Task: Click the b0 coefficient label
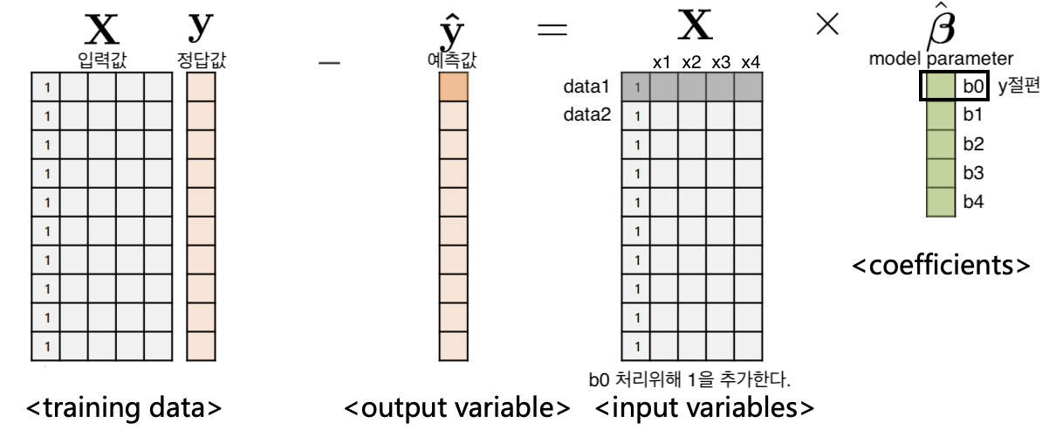coord(972,87)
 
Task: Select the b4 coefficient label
coord(972,202)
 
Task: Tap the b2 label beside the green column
coord(972,144)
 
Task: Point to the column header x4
coord(750,62)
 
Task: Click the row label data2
coord(588,114)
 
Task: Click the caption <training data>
coord(124,408)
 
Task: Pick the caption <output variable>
coord(457,408)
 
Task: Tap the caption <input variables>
coord(705,408)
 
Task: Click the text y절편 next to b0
coord(1018,87)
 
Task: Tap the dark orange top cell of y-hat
coord(452,87)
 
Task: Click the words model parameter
coord(941,59)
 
